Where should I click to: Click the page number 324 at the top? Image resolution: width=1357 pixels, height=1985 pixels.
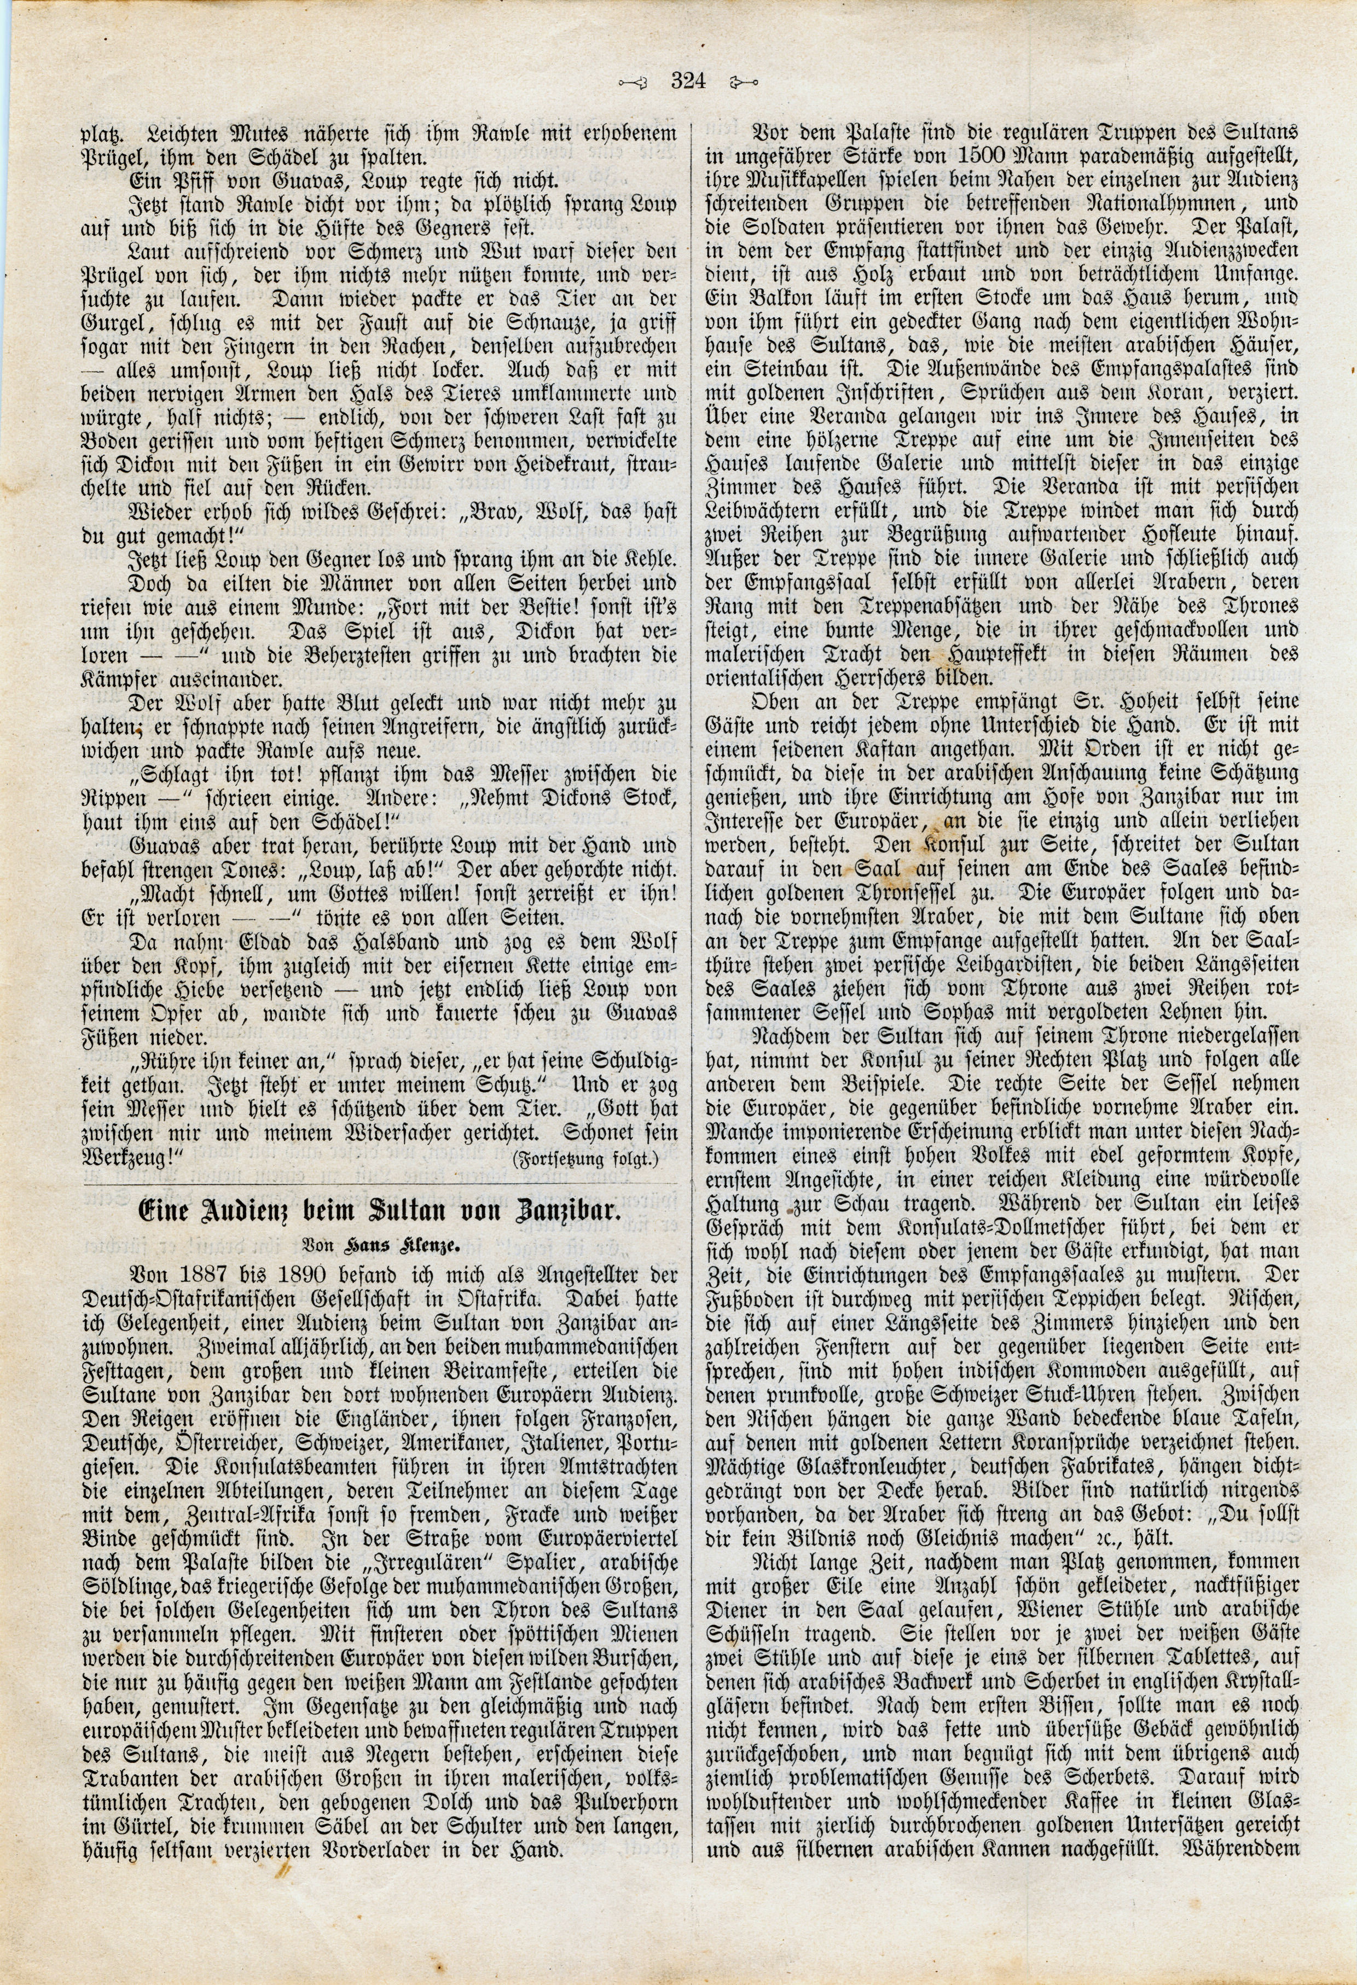coord(686,82)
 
